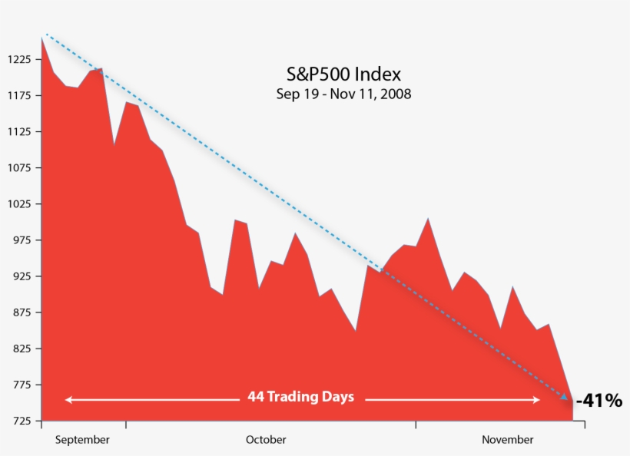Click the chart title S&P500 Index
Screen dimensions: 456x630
pos(343,74)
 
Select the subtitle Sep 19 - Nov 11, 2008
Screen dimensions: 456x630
pos(343,94)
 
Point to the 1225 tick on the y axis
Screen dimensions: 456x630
pos(18,59)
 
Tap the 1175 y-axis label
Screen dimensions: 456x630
pos(18,96)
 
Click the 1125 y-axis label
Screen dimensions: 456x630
pos(18,132)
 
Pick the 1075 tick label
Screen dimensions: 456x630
pos(18,168)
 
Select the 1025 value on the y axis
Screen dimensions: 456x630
pos(18,204)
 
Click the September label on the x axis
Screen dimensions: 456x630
pos(82,440)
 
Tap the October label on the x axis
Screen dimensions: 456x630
pos(266,440)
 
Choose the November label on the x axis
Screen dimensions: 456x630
pos(507,440)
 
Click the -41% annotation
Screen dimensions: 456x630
pos(599,400)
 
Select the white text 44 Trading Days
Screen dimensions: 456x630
pos(300,398)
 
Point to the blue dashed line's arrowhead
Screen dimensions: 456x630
pos(565,397)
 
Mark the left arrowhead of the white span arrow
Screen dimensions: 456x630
pos(68,399)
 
